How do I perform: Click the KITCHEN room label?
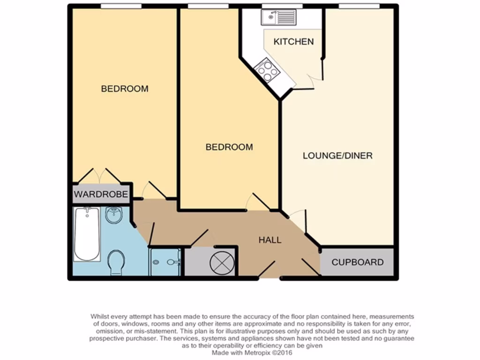pos(293,42)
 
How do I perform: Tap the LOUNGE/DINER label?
pos(337,156)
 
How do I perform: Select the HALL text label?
pos(270,240)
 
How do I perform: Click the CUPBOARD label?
pos(357,262)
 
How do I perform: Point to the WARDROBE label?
pos(101,194)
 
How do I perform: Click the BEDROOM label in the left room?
pos(125,89)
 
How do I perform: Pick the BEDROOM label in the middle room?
pos(229,147)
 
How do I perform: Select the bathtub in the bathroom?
pos(87,234)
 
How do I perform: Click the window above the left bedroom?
pos(121,6)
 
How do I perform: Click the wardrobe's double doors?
pos(100,176)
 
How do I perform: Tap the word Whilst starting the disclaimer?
pos(101,317)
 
